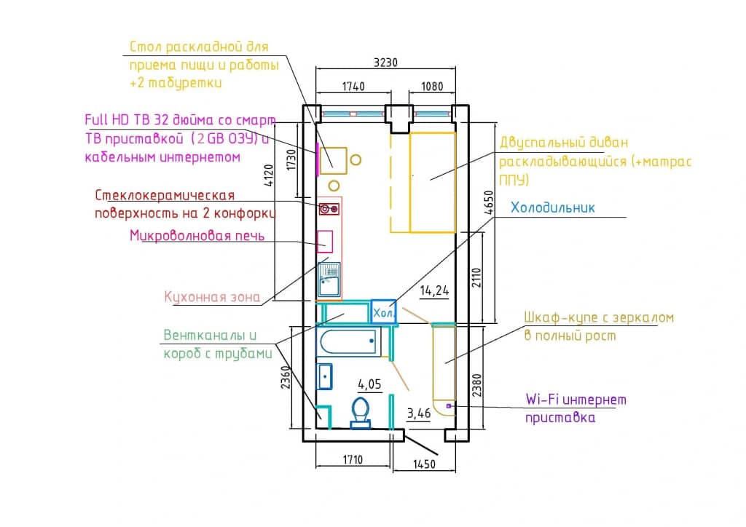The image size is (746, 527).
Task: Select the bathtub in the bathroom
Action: point(349,341)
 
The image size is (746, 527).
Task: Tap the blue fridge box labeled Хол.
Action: point(383,312)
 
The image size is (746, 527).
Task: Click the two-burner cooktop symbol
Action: point(329,209)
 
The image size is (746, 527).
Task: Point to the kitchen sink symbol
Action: point(329,280)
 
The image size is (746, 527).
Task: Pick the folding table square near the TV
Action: point(333,161)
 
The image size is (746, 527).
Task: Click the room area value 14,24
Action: point(434,290)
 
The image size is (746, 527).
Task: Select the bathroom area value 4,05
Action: point(369,384)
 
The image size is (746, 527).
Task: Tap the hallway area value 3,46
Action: point(419,413)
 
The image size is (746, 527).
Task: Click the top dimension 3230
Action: point(385,63)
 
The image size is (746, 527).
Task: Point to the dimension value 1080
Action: point(432,86)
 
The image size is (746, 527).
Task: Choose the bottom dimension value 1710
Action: point(353,459)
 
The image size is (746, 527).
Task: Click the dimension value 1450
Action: point(424,464)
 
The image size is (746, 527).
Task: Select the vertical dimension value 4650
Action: point(489,202)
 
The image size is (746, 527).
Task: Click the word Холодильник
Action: point(552,207)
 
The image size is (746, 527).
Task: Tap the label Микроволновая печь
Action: point(197,235)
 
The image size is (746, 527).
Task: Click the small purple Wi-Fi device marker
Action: point(449,406)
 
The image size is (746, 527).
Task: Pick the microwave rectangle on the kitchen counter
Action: point(325,241)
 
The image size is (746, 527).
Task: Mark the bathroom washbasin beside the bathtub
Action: point(324,376)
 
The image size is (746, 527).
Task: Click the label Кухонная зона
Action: point(212,297)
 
